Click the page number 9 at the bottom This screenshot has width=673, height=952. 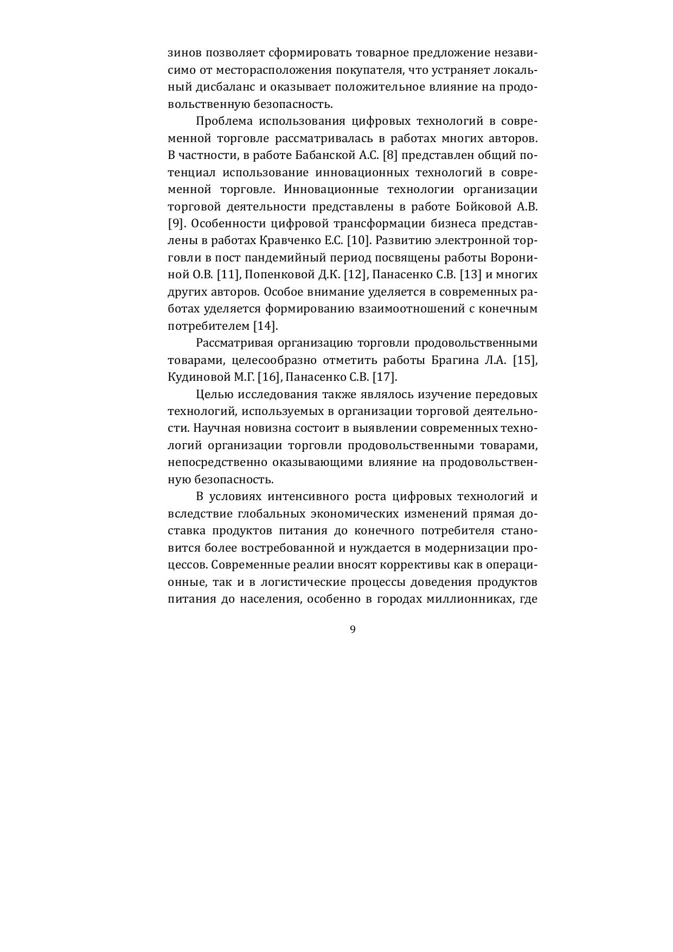coord(352,629)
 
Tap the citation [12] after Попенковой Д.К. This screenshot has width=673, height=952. coord(356,274)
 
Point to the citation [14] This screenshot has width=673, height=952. coord(265,326)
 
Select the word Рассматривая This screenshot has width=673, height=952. coord(233,343)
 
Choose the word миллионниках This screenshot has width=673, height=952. coord(470,600)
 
